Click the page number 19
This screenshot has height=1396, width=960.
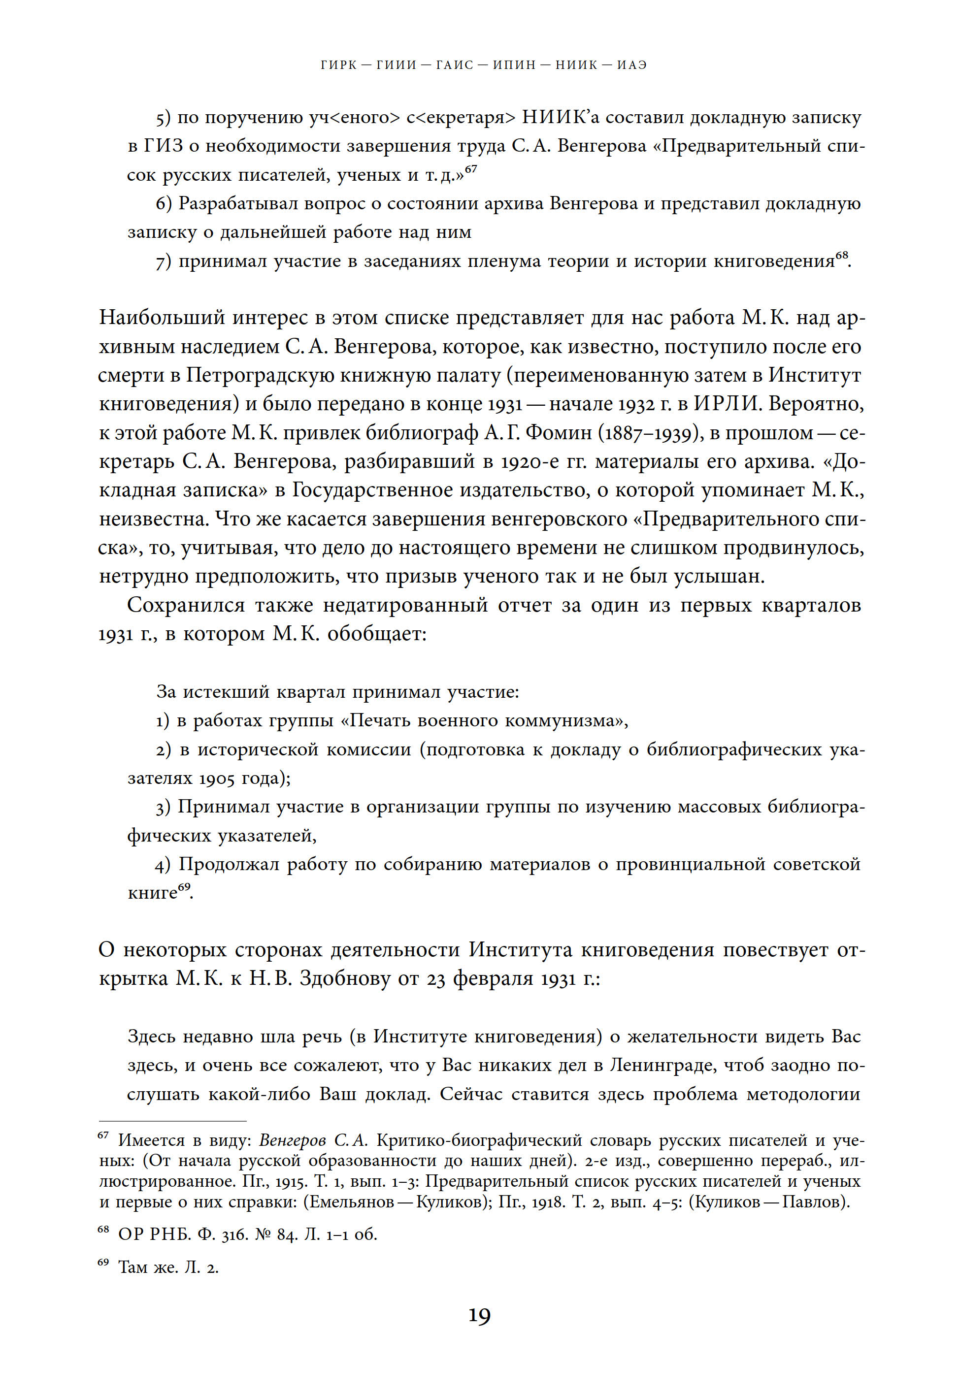(479, 1315)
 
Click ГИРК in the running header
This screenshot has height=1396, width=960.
(339, 65)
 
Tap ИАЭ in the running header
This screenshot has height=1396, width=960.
(631, 65)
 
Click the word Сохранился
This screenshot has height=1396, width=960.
(185, 605)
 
